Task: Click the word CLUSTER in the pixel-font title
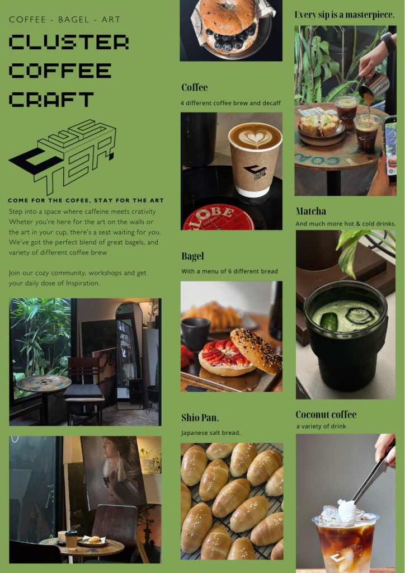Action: click(69, 42)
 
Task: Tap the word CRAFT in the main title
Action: click(51, 100)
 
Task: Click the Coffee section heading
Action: click(194, 87)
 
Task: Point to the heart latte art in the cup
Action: click(255, 137)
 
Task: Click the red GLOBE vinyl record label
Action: click(218, 218)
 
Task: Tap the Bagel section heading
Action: click(192, 256)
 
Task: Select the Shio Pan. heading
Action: click(200, 417)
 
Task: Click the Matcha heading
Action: click(311, 211)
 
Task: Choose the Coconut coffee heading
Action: click(326, 415)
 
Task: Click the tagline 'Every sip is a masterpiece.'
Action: click(345, 15)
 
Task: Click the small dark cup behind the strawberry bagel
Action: click(195, 334)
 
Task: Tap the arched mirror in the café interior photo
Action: click(129, 356)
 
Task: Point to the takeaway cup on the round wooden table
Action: click(71, 539)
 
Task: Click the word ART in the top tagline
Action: click(111, 20)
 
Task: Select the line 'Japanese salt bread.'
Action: click(211, 433)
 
